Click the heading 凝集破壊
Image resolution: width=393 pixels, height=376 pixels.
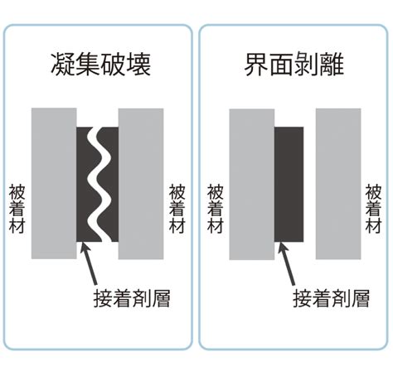[101, 65]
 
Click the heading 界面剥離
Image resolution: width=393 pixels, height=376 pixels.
[294, 65]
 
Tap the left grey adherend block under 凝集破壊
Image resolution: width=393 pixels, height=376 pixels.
[54, 184]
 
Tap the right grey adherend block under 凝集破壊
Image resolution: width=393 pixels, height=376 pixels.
[141, 184]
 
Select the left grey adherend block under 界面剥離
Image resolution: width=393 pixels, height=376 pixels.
[252, 185]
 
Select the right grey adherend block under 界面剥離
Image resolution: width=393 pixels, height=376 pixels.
[338, 184]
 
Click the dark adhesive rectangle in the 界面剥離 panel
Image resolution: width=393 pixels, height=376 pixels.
[289, 185]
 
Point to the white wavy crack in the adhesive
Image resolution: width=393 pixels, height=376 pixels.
[99, 185]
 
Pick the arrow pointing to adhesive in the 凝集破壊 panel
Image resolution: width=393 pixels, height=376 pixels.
[89, 263]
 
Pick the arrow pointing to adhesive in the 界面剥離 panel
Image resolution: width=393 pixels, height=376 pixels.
[286, 263]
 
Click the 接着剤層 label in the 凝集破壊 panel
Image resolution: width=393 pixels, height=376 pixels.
[132, 298]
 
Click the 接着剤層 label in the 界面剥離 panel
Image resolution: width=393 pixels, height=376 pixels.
[331, 298]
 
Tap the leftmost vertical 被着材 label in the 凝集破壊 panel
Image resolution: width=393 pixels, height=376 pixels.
[17, 209]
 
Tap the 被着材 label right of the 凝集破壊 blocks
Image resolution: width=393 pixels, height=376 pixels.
[177, 209]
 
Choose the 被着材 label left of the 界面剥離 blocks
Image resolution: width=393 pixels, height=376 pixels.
[216, 209]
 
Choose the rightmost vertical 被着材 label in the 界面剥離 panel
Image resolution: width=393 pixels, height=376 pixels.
[374, 209]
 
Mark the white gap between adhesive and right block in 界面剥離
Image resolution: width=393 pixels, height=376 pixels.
[309, 185]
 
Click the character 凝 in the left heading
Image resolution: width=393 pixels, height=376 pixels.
[63, 65]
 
